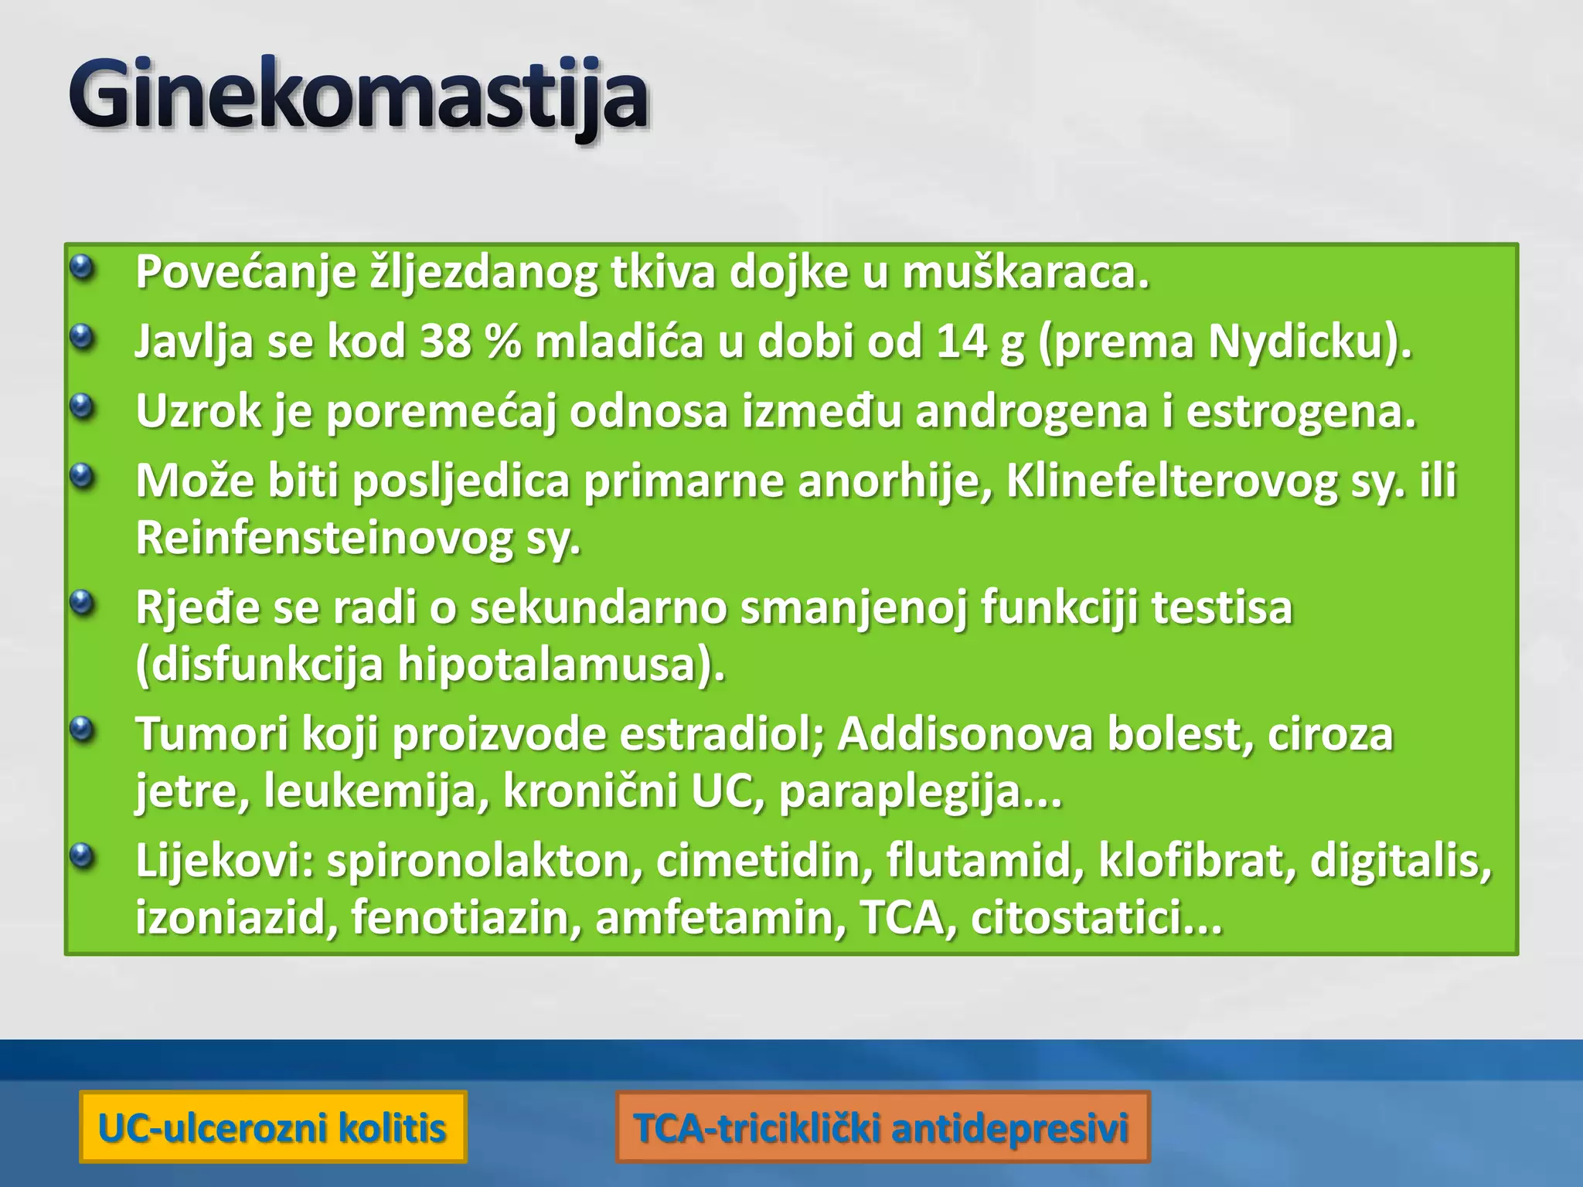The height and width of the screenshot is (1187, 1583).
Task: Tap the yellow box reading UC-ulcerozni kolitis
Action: click(273, 1127)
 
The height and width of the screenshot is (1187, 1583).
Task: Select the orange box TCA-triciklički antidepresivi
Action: click(882, 1127)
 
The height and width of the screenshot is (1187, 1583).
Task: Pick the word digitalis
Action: click(1400, 861)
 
